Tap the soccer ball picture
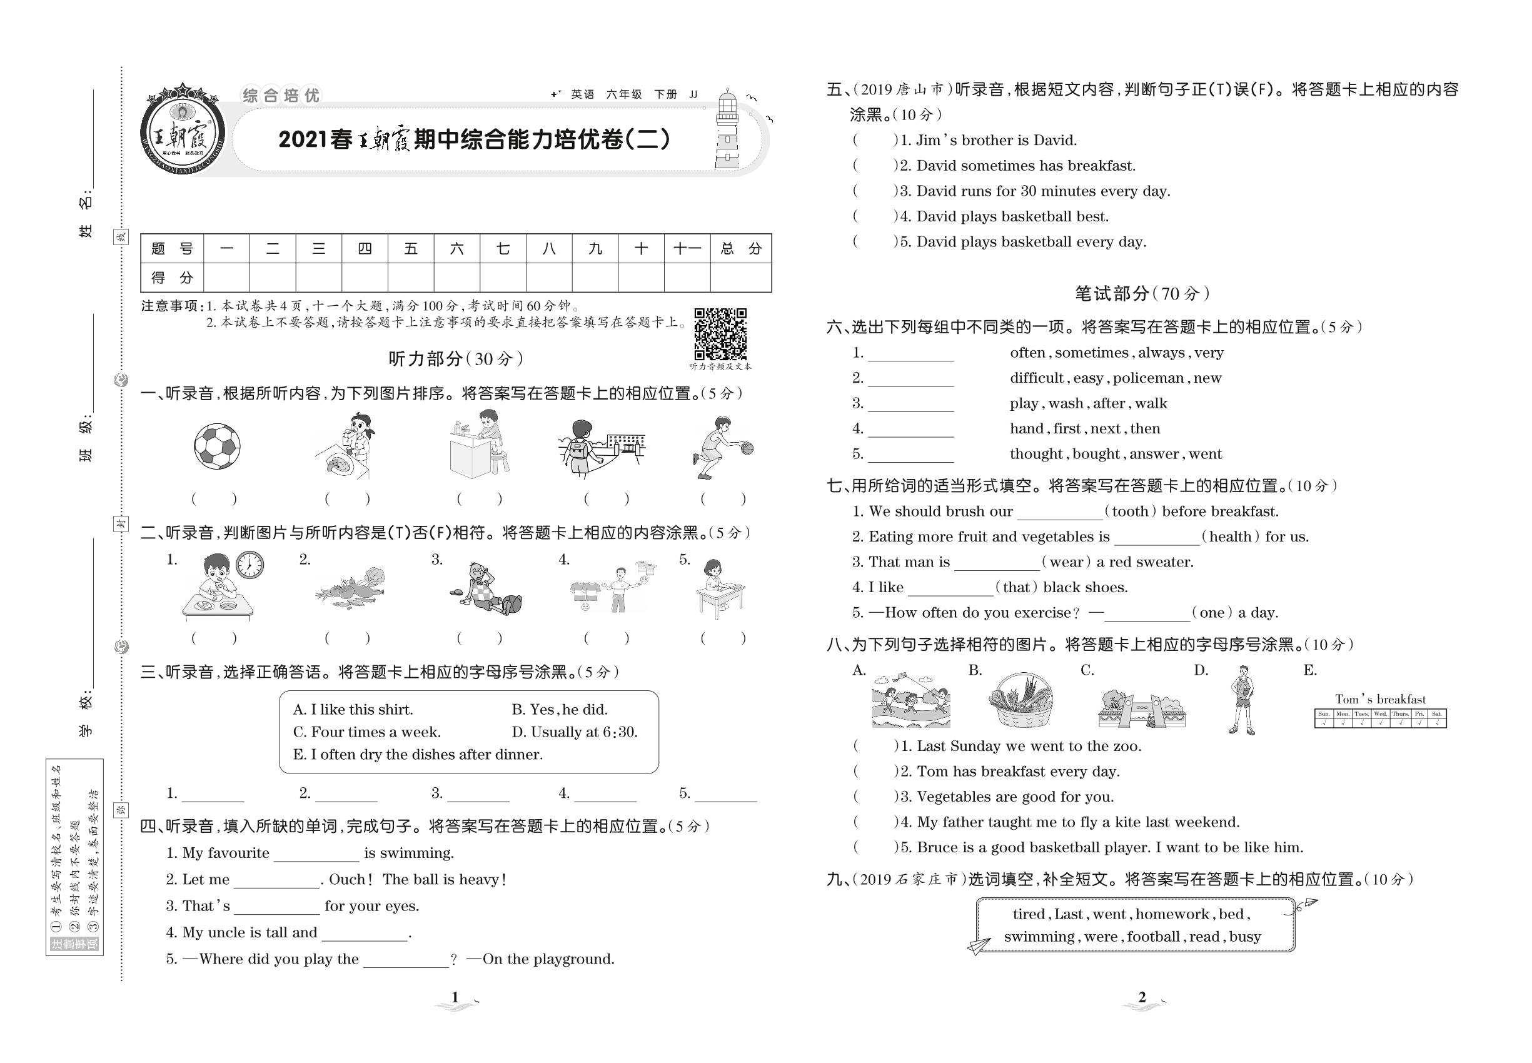(x=216, y=446)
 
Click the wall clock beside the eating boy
(x=249, y=565)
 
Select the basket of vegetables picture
(x=1020, y=700)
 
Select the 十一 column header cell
(x=686, y=249)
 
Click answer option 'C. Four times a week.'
(x=366, y=732)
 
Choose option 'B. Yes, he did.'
(x=560, y=709)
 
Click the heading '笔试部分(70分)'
(x=1142, y=293)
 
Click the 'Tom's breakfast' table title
(x=1379, y=699)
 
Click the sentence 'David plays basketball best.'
(x=1012, y=216)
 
